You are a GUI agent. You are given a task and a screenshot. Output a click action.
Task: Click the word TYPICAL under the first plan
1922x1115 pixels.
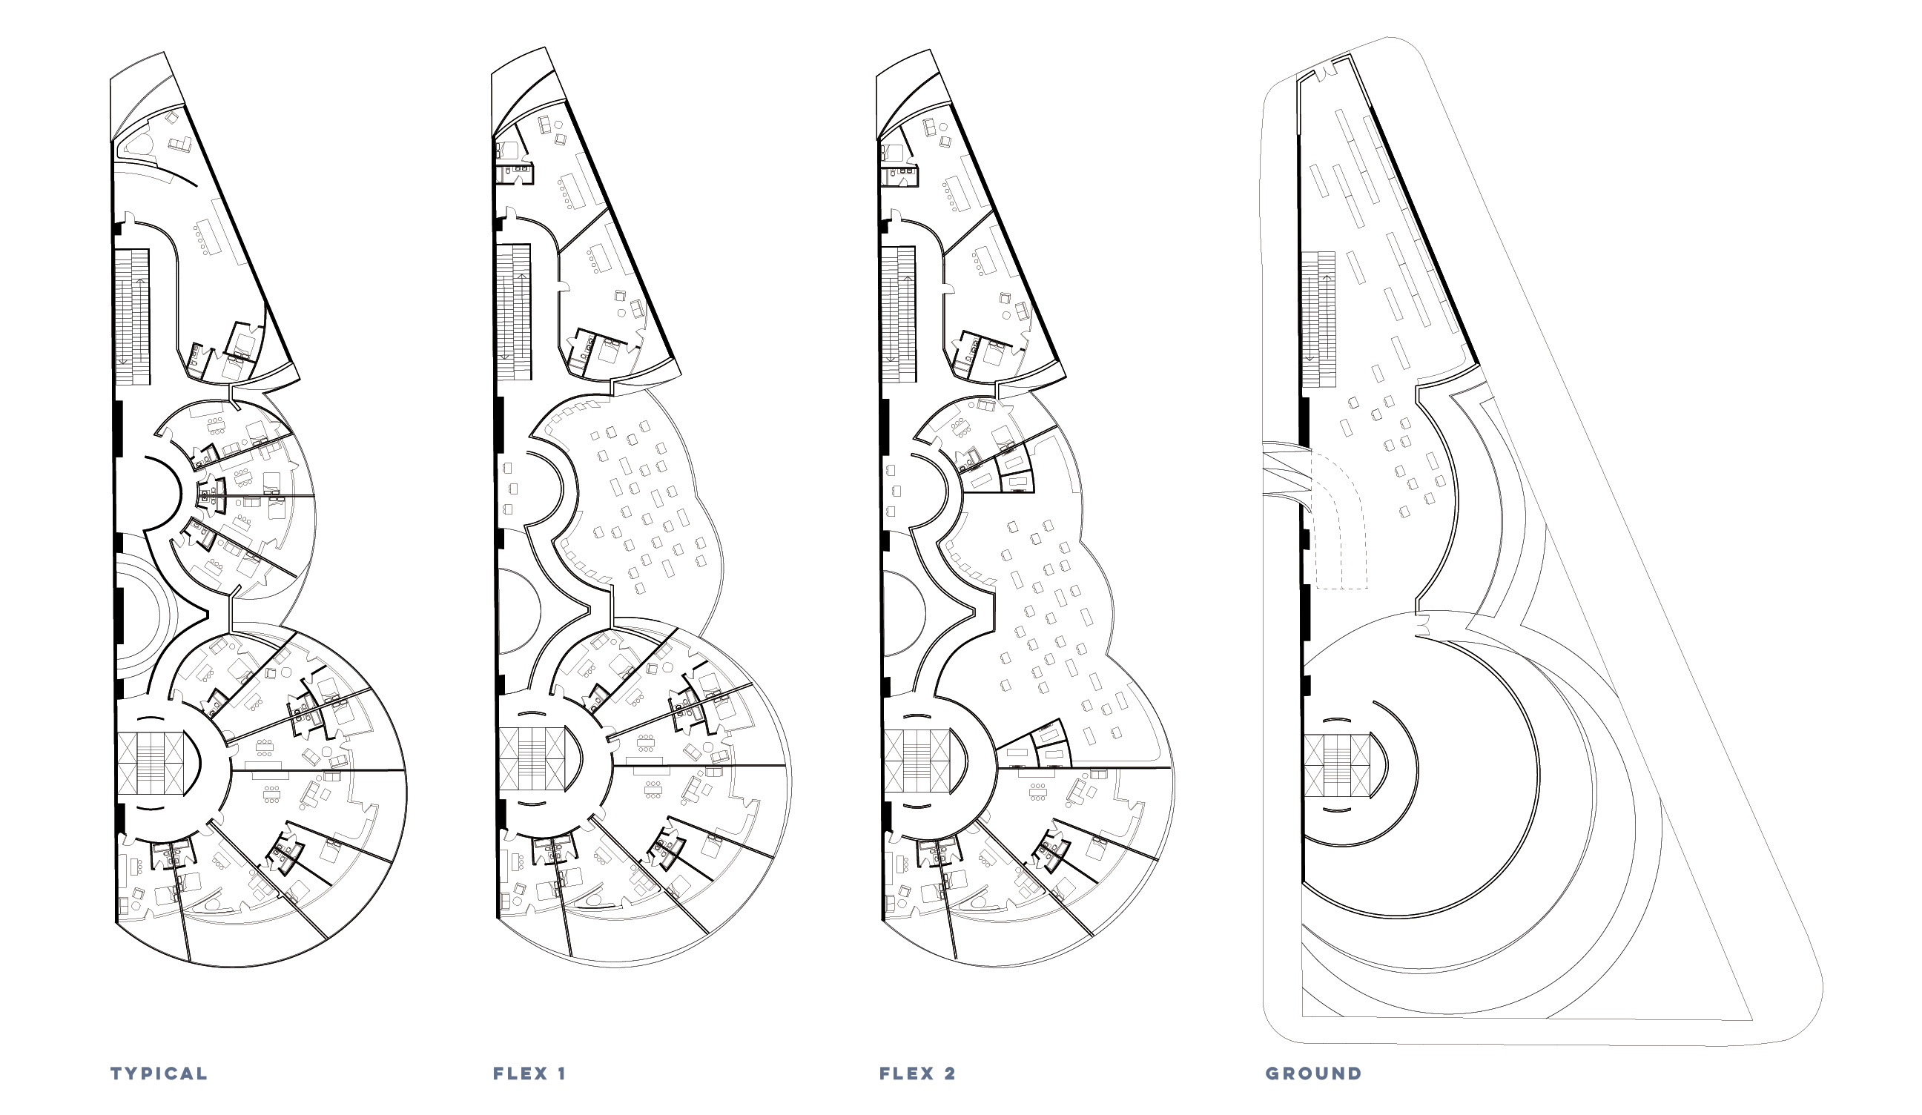[159, 1073]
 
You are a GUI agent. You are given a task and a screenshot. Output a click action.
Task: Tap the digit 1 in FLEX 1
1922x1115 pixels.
[561, 1073]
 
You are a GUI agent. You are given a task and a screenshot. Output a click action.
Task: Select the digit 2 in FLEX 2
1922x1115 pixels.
[950, 1073]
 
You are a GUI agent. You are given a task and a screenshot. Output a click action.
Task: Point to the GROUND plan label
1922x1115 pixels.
[1313, 1073]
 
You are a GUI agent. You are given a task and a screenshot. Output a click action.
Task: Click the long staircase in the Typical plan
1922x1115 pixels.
[132, 317]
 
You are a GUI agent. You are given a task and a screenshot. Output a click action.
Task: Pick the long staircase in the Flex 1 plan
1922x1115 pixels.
[513, 312]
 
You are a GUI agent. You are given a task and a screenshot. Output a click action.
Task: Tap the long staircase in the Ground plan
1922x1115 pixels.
[1318, 319]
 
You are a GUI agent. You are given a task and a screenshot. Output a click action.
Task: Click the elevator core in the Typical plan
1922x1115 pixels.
[151, 764]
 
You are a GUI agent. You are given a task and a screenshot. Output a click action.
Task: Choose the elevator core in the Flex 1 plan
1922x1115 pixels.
[532, 760]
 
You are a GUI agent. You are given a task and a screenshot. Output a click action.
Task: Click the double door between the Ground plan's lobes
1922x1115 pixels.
[1421, 627]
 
